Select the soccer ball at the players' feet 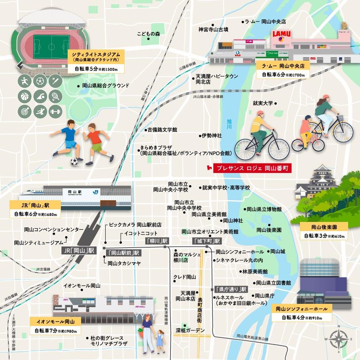click(x=74, y=162)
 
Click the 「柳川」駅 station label click(x=157, y=241)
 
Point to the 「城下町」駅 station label click(x=206, y=241)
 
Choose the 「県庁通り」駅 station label click(x=231, y=289)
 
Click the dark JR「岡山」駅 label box click(x=79, y=250)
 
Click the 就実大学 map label click(x=263, y=103)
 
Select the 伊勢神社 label click(x=212, y=136)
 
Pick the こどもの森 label click(x=148, y=34)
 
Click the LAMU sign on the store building click(x=281, y=34)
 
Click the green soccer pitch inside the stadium click(x=51, y=47)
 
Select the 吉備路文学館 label click(x=162, y=129)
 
